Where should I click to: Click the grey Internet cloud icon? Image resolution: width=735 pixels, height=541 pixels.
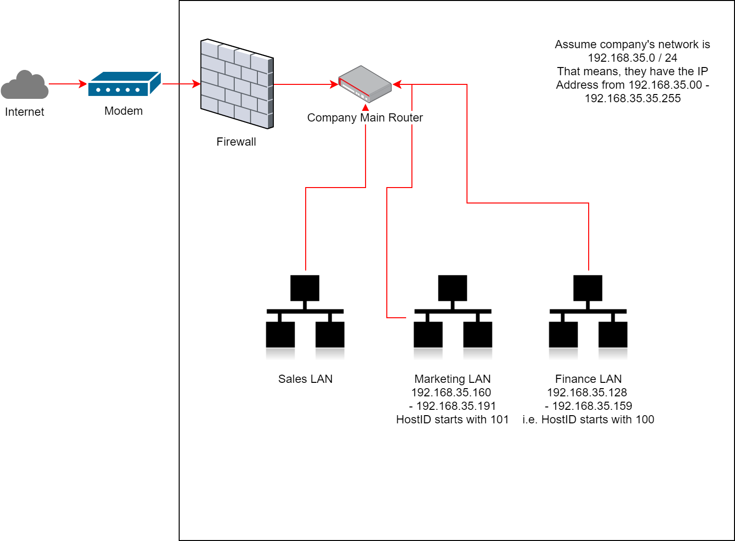(x=25, y=85)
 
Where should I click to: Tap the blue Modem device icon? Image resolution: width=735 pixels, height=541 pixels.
(x=124, y=84)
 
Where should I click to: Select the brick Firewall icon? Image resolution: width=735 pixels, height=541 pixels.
(x=237, y=84)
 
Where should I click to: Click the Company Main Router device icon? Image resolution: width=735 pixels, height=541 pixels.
(x=365, y=84)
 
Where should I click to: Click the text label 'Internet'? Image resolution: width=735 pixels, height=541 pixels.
(x=25, y=112)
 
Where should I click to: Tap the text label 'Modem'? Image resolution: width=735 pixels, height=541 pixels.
(x=124, y=111)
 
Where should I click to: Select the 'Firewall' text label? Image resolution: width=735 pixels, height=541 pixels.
(x=236, y=142)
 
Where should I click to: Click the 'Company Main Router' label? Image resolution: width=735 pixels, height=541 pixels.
(x=365, y=118)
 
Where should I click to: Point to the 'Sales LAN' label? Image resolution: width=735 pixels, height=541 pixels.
(x=305, y=379)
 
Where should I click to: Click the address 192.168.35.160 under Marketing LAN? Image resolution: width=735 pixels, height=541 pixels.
(x=451, y=392)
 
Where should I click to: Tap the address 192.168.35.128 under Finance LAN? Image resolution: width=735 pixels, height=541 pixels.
(x=587, y=392)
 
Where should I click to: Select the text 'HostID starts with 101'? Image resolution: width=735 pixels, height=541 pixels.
(x=452, y=419)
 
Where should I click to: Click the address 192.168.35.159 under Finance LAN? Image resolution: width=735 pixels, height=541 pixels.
(x=592, y=406)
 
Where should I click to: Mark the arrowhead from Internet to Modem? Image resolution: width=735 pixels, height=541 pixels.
(x=83, y=84)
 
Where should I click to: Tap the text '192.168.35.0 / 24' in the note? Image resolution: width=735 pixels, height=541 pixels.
(x=632, y=58)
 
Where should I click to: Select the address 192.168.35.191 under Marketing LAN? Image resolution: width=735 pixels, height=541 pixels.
(x=456, y=406)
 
